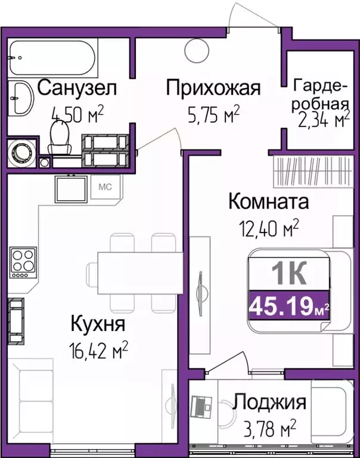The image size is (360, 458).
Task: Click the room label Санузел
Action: [77, 88]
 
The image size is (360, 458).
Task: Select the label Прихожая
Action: [213, 88]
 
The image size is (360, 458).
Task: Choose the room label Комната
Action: [269, 202]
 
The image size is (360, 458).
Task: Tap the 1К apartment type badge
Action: [288, 275]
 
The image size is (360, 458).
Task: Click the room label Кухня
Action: [97, 325]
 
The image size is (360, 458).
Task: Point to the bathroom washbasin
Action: [23, 98]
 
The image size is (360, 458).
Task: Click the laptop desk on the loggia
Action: [202, 410]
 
